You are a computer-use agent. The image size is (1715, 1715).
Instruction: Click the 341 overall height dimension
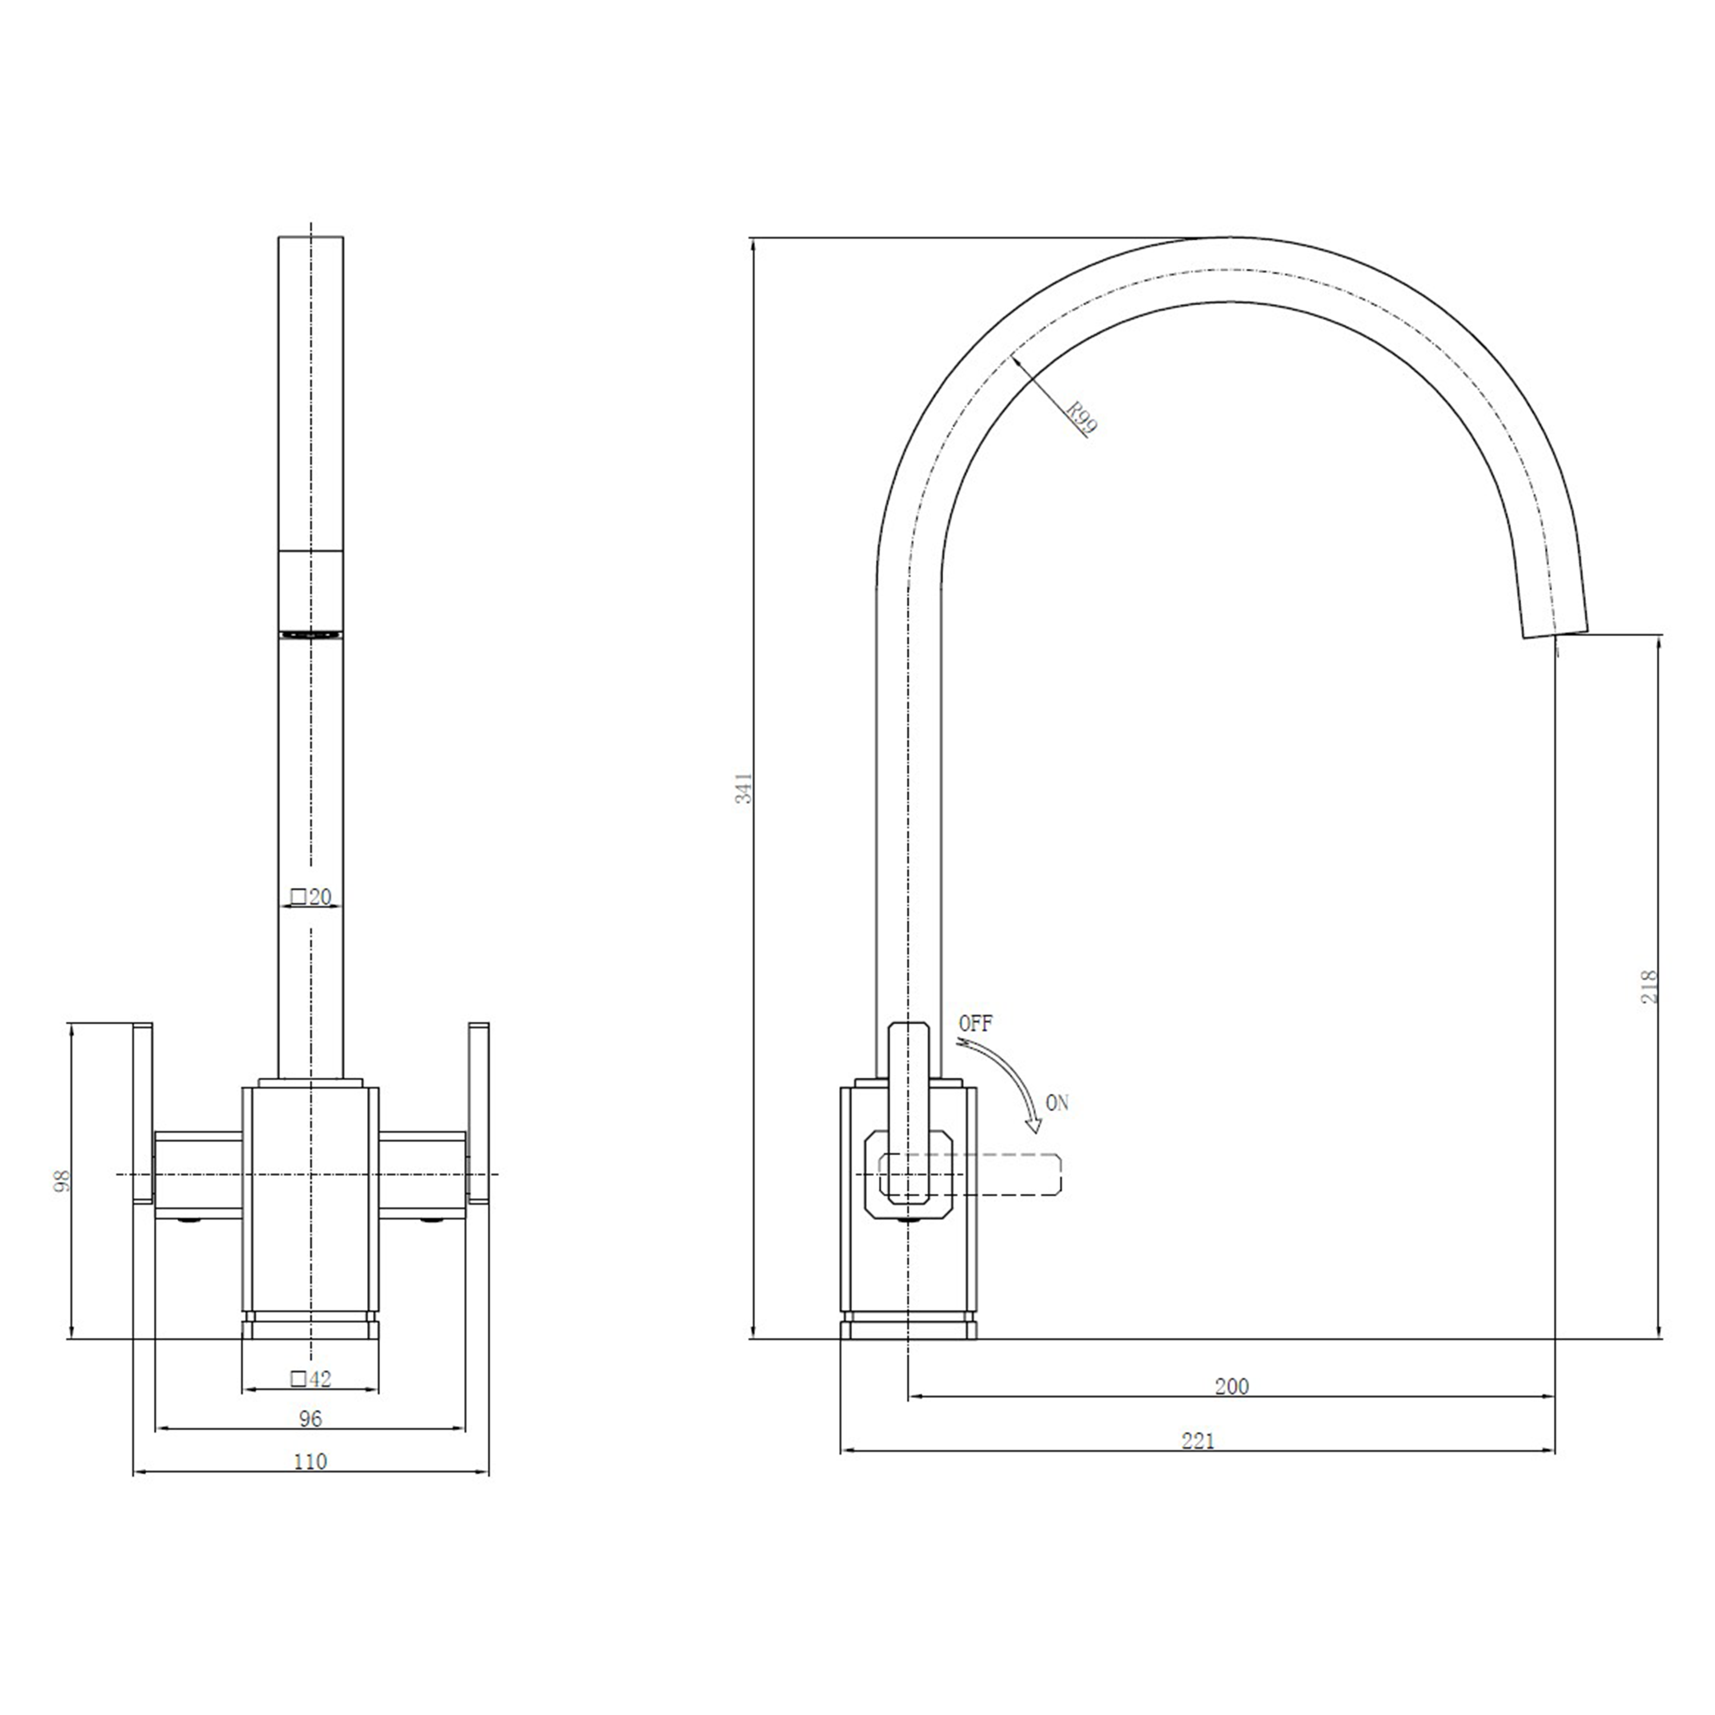click(745, 787)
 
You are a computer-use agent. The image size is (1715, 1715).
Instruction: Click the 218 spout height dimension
click(1649, 986)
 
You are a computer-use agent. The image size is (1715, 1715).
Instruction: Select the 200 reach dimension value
click(1231, 1386)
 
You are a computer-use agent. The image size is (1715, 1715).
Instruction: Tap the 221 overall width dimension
click(1198, 1441)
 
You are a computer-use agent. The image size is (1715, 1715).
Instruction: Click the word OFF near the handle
click(976, 1023)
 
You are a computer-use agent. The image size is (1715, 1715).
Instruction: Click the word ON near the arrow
click(1057, 1103)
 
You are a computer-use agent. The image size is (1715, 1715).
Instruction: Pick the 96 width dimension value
click(310, 1418)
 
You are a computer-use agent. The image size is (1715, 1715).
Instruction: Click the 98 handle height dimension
click(61, 1180)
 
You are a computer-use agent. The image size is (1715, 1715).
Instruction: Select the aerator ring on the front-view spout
click(310, 633)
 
